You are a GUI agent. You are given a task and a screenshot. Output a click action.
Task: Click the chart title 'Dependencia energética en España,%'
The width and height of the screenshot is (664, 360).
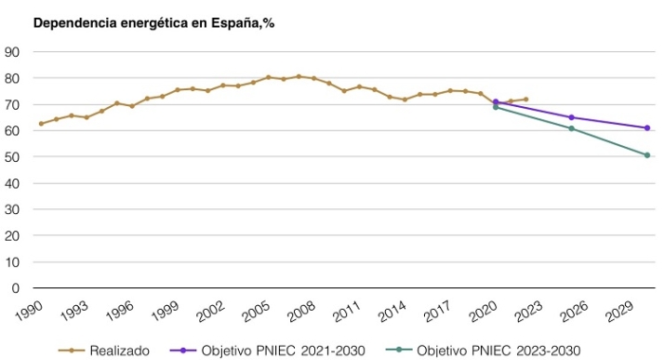[153, 22]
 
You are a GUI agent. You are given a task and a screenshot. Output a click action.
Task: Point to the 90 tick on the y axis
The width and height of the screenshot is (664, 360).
[13, 52]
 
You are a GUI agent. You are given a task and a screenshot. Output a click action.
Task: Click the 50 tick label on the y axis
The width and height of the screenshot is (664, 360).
[13, 157]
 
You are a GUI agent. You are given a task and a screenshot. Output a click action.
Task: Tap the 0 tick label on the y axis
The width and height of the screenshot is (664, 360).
[17, 288]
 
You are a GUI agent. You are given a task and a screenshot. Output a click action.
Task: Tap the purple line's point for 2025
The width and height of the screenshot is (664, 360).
[571, 117]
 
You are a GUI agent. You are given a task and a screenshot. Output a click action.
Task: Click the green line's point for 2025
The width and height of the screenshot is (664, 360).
[571, 128]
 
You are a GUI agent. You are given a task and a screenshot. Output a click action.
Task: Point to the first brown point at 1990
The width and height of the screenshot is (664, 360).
[41, 124]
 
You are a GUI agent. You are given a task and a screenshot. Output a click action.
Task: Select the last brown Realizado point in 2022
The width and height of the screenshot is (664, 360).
[525, 100]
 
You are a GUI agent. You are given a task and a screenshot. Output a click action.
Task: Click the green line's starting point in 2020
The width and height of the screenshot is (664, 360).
[496, 107]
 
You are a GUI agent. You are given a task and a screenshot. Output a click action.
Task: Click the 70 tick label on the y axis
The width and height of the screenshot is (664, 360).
[13, 105]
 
